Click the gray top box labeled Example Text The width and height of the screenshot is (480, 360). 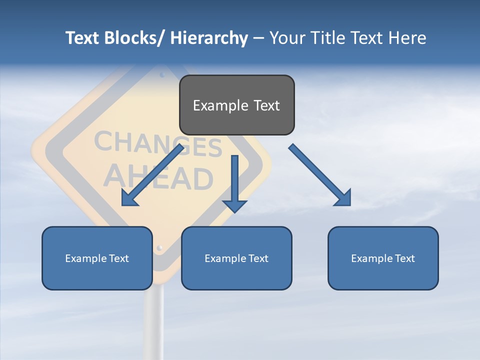pyautogui.click(x=236, y=105)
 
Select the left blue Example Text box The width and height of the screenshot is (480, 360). pyautogui.click(x=97, y=258)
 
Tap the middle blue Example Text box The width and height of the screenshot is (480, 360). pyautogui.click(x=236, y=258)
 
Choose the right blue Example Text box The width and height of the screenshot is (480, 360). pyautogui.click(x=383, y=258)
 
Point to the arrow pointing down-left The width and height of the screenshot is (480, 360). pyautogui.click(x=152, y=175)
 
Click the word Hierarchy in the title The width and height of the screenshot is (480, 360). pyautogui.click(x=208, y=38)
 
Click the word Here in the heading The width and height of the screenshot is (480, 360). pyautogui.click(x=407, y=38)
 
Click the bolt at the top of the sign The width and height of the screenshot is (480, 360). pyautogui.click(x=161, y=76)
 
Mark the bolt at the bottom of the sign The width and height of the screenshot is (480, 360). pyautogui.click(x=159, y=247)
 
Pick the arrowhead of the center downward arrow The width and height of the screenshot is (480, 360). pyautogui.click(x=234, y=205)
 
